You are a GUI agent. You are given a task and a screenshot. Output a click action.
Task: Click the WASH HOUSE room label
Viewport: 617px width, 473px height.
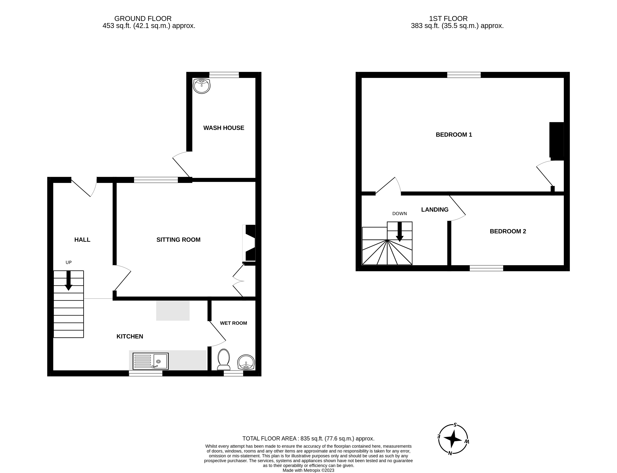224,128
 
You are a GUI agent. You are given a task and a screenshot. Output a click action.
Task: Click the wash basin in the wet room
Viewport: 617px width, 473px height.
246,362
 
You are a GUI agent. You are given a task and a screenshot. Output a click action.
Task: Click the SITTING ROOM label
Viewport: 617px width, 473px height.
178,240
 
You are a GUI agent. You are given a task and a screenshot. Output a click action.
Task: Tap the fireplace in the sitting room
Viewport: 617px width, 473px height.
249,243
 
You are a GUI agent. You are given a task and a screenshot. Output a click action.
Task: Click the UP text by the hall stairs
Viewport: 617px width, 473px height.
69,262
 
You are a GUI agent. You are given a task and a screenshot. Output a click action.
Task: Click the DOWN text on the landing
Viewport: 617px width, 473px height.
399,213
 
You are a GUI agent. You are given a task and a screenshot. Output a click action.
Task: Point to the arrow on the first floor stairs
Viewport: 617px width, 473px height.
399,232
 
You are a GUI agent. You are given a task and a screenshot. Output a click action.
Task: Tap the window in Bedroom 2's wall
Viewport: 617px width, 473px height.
486,268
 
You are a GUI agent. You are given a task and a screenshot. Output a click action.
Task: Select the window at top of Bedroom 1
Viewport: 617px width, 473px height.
464,75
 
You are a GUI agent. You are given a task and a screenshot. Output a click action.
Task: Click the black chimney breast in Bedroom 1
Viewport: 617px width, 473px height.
556,141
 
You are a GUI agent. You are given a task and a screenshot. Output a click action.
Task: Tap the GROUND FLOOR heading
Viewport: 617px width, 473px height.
143,18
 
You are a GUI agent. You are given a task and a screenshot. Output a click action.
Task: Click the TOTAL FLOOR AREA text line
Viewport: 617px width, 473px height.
308,438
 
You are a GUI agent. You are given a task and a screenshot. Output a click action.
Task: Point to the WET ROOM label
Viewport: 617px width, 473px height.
233,323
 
